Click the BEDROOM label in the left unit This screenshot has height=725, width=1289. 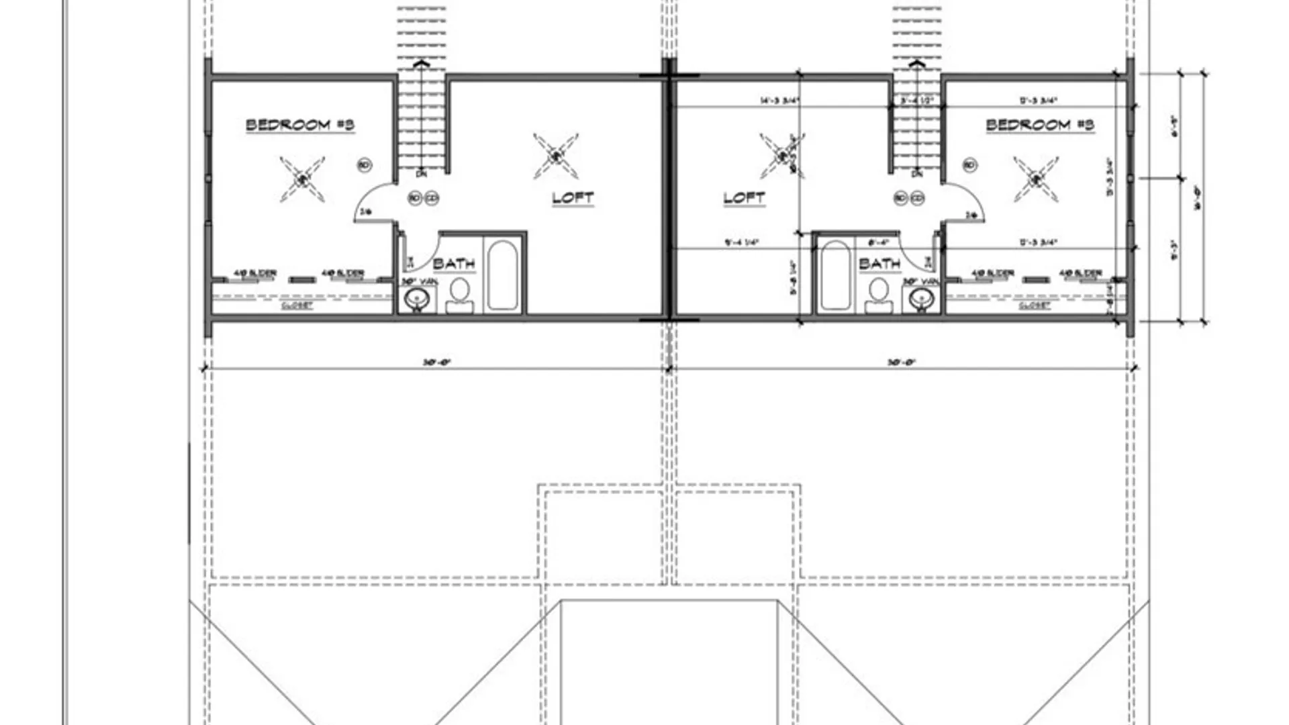(x=299, y=125)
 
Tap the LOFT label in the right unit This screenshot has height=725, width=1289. (x=744, y=198)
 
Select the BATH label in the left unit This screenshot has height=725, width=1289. (x=454, y=263)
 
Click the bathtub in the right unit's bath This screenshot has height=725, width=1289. (x=835, y=275)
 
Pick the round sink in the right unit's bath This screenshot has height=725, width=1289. (x=922, y=299)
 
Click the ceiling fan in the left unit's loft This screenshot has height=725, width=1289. (x=556, y=156)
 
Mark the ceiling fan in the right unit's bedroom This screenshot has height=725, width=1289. (x=1036, y=179)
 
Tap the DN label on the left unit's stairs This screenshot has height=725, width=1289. (x=422, y=175)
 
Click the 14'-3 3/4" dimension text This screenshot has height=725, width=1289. (x=780, y=101)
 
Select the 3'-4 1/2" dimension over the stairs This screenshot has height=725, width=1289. (x=917, y=101)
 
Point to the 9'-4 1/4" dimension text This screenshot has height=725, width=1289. (x=741, y=242)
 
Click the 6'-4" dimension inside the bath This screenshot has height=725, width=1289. (x=878, y=242)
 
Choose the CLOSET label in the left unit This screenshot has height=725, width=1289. (x=297, y=305)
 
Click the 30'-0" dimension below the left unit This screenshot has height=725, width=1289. (x=436, y=362)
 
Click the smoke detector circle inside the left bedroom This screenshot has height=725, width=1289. (x=365, y=165)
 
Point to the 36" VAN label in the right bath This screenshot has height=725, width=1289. (x=920, y=282)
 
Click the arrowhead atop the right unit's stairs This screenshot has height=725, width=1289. (x=917, y=63)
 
